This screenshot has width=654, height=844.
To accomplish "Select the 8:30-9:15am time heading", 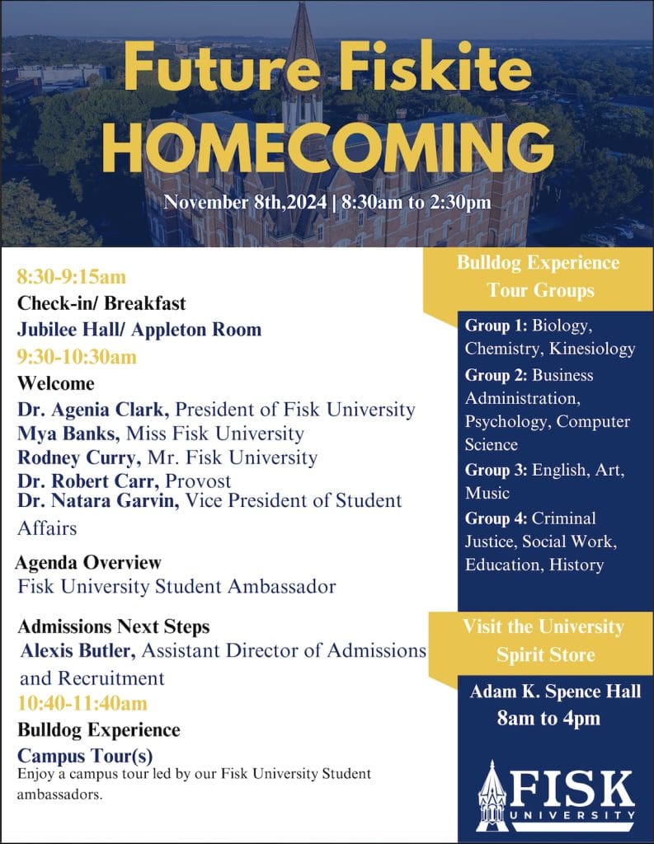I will coord(72,277).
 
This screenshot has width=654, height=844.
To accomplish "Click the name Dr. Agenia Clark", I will coord(94,410).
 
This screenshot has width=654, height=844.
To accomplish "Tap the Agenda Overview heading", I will coord(88,563).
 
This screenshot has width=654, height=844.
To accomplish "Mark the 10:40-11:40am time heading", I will coord(82,704).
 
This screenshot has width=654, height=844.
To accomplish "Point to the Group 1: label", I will coord(496,325).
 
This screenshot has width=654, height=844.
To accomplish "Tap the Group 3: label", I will coord(496,470).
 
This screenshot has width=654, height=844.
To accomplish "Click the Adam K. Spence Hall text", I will coord(555,692).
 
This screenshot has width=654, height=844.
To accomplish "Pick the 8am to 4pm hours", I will coord(548,719).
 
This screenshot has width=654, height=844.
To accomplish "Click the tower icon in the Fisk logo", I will coord(493,795).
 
